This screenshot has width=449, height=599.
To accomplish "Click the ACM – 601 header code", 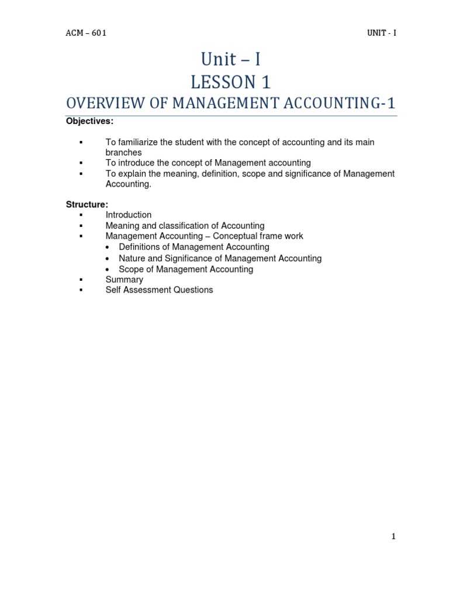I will tap(86, 33).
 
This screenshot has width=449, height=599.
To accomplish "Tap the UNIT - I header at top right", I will tap(378, 33).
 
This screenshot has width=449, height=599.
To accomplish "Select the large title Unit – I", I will tap(231, 60).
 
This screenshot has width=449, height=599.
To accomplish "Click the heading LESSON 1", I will tap(231, 82).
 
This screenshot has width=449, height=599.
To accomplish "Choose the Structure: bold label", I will tap(87, 204).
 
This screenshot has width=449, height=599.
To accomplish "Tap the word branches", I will tap(123, 153).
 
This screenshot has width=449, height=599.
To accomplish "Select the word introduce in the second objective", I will tap(134, 163).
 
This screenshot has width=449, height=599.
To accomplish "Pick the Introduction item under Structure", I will tap(128, 215).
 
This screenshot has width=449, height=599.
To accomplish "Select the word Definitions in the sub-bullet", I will tap(141, 247).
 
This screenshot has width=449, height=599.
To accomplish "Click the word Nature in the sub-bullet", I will tap(131, 258).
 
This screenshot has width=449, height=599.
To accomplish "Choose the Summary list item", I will tap(124, 280).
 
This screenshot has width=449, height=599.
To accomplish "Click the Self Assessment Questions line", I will tap(159, 290).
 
